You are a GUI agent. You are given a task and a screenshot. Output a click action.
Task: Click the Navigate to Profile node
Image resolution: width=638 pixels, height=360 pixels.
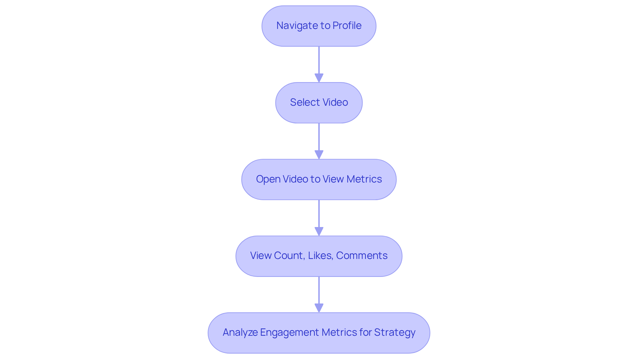coord(319,26)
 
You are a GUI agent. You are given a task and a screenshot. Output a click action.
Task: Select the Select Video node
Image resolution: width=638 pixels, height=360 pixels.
coord(319,103)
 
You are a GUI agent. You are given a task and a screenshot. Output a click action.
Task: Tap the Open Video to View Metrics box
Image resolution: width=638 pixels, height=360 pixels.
coord(319,180)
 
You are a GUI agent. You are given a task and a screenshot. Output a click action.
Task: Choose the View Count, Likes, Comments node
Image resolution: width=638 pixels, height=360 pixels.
coord(319,256)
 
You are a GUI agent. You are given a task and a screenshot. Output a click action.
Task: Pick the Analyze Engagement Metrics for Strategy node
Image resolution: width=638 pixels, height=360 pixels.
coord(319,333)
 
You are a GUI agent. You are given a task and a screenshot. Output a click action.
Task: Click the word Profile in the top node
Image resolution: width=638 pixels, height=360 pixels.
coord(347,26)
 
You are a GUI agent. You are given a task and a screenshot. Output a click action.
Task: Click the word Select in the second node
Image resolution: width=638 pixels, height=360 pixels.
coord(302,102)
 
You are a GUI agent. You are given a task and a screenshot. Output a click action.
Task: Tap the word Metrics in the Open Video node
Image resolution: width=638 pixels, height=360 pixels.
coord(364,179)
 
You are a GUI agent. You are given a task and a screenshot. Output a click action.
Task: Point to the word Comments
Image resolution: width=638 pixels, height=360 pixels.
coord(362,256)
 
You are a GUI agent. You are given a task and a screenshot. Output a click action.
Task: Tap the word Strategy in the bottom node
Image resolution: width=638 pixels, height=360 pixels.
coord(395,332)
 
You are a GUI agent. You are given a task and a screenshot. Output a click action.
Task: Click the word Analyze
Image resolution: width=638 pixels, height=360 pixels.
coord(240,332)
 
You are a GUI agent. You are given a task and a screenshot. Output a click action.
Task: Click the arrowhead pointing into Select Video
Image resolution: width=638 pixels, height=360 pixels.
coord(319,78)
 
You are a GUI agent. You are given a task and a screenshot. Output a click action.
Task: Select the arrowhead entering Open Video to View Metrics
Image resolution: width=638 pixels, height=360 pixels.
coord(319,155)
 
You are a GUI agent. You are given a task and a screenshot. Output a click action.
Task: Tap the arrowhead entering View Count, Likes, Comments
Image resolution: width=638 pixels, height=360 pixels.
coord(319,231)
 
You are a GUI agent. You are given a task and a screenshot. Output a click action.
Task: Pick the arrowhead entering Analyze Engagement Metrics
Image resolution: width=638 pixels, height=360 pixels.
coord(319,308)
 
